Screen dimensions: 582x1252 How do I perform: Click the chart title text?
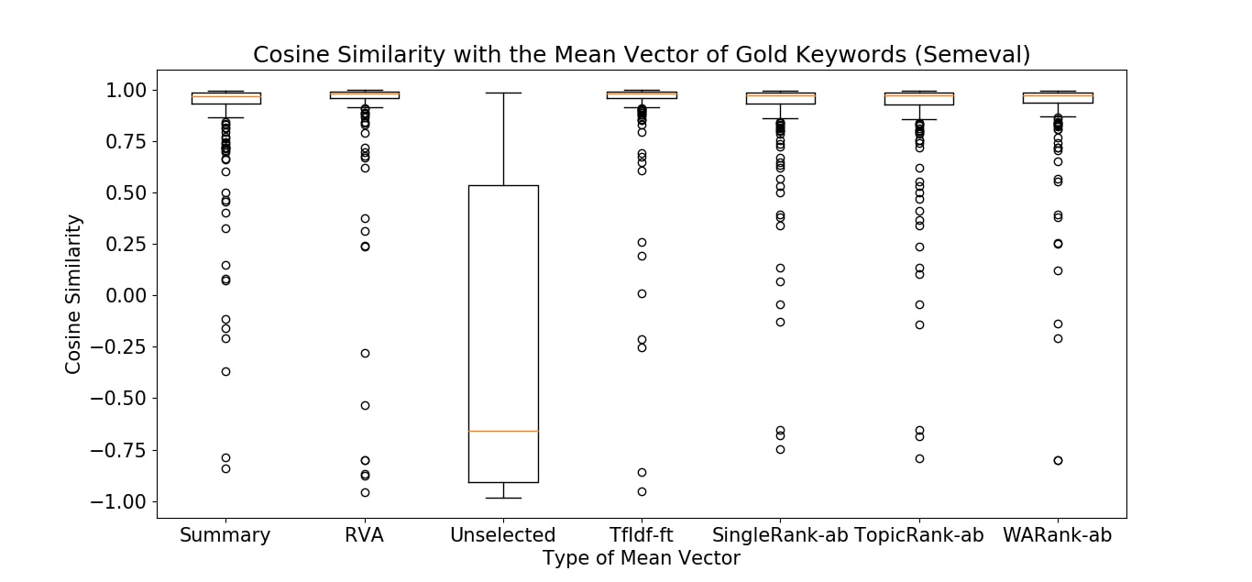coord(641,55)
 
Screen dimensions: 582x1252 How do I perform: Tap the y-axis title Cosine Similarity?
coord(73,294)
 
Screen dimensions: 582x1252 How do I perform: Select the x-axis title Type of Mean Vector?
coord(641,557)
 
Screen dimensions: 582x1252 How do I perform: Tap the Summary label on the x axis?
coord(225,535)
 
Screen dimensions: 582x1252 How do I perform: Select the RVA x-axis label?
coord(365,535)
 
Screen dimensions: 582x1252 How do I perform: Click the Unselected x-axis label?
coord(503,535)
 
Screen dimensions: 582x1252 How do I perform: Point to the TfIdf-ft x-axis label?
coord(642,535)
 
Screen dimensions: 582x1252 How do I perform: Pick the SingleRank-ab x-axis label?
coord(780,535)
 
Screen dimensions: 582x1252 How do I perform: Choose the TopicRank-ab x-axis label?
coord(919,535)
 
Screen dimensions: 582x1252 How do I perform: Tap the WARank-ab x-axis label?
coord(1058,535)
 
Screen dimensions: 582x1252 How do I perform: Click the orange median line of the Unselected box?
coord(503,431)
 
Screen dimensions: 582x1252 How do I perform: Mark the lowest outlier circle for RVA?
coord(365,492)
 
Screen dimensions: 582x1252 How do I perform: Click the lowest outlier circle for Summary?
coord(225,468)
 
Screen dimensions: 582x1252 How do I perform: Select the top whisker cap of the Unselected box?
coord(503,93)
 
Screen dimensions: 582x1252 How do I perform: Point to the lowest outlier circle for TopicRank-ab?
coord(919,458)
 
